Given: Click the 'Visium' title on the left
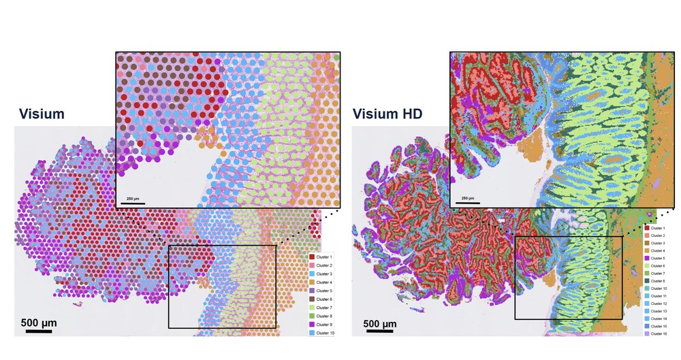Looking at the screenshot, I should (x=42, y=114).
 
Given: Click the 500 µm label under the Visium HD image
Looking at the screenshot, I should (x=381, y=323).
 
